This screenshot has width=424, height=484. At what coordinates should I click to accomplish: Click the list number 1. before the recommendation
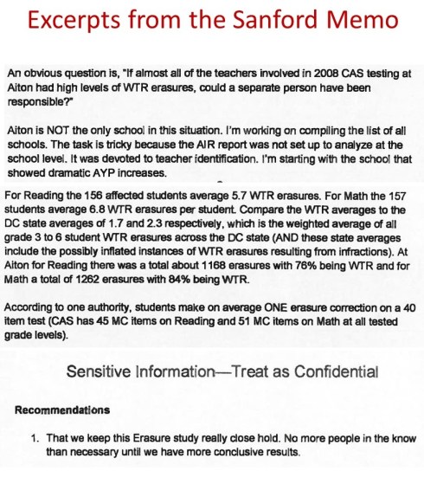point(34,437)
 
